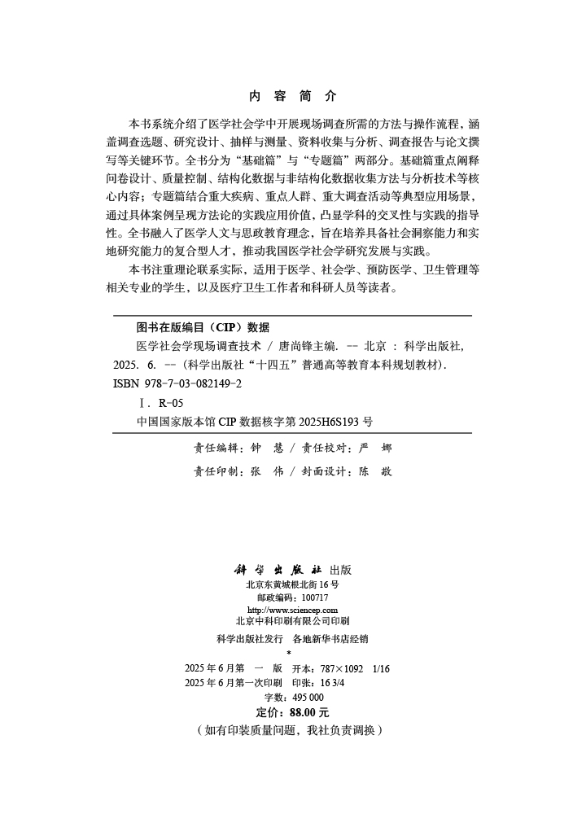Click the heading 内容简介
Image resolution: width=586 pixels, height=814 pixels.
click(x=292, y=95)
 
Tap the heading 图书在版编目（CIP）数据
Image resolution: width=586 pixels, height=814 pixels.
click(x=203, y=327)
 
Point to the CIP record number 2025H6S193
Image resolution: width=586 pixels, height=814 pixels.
click(x=319, y=422)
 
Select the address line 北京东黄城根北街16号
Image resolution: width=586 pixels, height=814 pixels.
click(x=292, y=584)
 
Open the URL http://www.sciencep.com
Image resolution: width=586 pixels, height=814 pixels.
click(x=292, y=610)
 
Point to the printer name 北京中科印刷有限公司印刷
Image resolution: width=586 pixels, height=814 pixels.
click(x=292, y=621)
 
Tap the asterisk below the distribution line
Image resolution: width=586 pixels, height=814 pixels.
click(x=289, y=653)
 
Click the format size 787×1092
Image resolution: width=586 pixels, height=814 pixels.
click(x=341, y=668)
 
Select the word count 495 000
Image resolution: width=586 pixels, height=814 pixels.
click(x=307, y=698)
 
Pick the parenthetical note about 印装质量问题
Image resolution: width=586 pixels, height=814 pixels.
click(x=290, y=730)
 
